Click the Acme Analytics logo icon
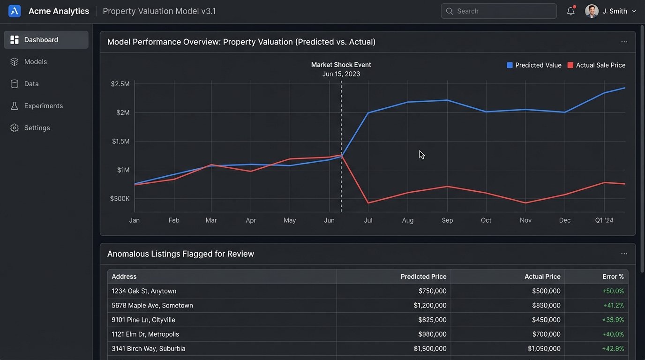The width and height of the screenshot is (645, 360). click(15, 11)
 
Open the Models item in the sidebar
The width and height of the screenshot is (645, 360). click(36, 62)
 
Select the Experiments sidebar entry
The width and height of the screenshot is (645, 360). click(43, 106)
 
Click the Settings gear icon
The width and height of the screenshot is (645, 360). click(15, 128)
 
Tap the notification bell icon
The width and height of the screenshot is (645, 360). click(570, 11)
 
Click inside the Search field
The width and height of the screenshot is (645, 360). click(499, 11)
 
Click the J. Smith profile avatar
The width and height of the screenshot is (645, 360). click(592, 11)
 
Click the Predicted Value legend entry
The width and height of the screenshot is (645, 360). click(534, 66)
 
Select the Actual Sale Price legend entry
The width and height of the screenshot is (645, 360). click(596, 66)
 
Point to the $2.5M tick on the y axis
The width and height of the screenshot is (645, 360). click(120, 84)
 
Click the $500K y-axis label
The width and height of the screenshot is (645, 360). click(120, 199)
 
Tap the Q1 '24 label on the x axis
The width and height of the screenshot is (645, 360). click(604, 220)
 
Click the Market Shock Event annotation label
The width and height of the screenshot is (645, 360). click(341, 65)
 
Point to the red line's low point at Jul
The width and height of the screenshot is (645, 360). click(368, 203)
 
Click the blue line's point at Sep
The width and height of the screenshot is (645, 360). click(447, 100)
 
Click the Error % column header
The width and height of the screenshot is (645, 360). click(613, 277)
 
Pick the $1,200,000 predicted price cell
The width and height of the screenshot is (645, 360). click(430, 306)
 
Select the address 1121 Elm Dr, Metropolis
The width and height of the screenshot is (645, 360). click(145, 334)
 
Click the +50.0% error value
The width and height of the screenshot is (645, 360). click(613, 291)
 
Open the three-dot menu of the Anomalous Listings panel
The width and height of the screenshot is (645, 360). click(624, 254)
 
